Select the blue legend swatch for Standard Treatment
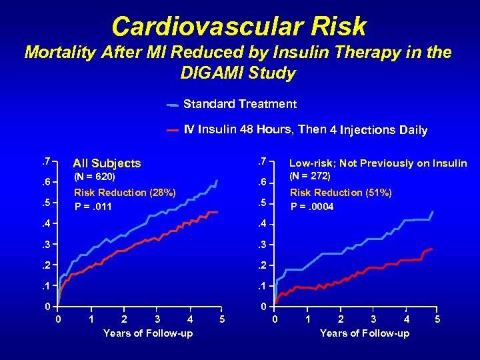tap(172, 105)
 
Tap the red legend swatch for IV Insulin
tap(172, 130)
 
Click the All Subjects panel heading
tap(107, 163)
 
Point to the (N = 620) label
tap(94, 177)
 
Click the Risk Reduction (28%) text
tap(125, 193)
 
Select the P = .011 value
tap(93, 207)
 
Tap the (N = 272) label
tap(311, 177)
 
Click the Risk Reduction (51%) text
tap(341, 193)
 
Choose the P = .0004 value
tap(312, 207)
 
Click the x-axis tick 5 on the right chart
tap(437, 319)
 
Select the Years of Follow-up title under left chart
tap(148, 333)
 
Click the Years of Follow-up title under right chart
tap(365, 333)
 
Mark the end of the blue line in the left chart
tap(217, 180)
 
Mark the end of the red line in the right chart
tap(432, 249)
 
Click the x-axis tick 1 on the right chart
tap(307, 319)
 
